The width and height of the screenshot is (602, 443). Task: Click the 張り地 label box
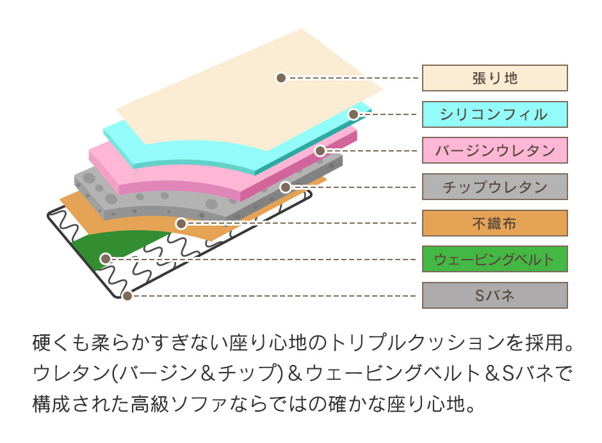click(495, 78)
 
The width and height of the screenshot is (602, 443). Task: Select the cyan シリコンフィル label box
click(495, 114)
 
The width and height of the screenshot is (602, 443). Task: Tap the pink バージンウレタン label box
click(495, 150)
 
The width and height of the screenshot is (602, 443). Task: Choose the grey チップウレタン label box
click(495, 187)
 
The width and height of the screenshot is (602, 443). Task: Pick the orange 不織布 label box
click(495, 223)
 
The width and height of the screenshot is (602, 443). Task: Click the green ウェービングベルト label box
click(495, 259)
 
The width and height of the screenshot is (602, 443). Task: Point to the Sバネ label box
click(495, 295)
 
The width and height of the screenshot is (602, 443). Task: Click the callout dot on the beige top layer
click(281, 78)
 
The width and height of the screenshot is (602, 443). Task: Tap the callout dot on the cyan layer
click(354, 114)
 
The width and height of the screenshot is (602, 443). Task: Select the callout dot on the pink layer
click(320, 151)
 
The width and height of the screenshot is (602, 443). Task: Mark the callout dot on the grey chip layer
click(285, 187)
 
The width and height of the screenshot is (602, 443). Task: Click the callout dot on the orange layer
click(181, 223)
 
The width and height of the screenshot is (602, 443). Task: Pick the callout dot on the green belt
click(105, 259)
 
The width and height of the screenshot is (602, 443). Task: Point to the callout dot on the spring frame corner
click(127, 296)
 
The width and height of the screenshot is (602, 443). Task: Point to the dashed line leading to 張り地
click(352, 78)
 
